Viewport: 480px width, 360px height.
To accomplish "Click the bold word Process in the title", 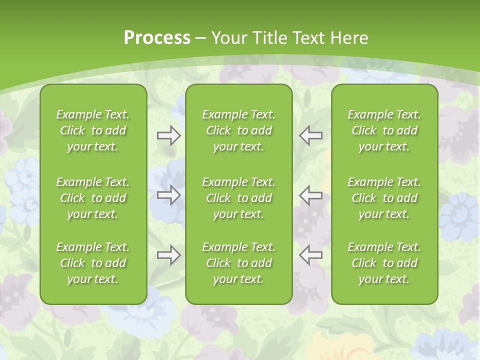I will coord(157,38).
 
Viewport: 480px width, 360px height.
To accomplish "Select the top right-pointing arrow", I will coord(168,135).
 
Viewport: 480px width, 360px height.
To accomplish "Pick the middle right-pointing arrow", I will coord(168,195).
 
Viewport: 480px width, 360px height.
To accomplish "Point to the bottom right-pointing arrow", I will coord(168,255).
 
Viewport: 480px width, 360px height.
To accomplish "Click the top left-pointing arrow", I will coord(310,135).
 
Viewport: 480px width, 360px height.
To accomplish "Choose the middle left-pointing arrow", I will coord(310,195).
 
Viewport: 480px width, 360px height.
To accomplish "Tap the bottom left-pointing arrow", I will coord(310,255).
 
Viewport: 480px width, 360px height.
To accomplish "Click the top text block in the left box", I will coord(93,130).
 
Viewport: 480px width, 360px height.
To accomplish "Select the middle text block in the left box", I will coord(93,198).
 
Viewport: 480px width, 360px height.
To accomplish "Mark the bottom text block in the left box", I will coord(93,263).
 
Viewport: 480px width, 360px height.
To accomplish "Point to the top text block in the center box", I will coord(239,130).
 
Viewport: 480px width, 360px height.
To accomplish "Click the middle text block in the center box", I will coord(239,198).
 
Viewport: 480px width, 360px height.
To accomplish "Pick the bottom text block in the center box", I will coord(239,263).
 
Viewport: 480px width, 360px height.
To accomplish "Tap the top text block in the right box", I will coord(384,130).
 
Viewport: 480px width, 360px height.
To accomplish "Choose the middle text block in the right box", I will coord(384,198).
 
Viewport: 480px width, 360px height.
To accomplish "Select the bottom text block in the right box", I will coord(384,263).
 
